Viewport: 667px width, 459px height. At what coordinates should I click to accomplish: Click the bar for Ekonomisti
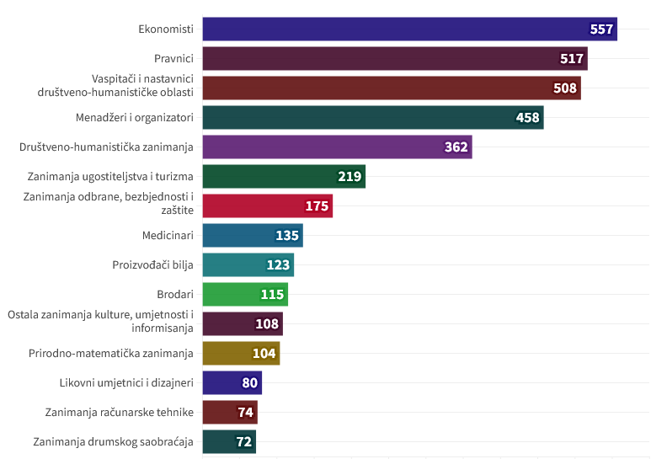(x=409, y=29)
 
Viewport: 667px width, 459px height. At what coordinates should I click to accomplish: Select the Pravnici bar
(x=395, y=58)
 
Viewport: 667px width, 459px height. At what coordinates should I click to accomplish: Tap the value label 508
(x=564, y=88)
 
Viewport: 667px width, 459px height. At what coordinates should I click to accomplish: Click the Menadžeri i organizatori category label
(x=135, y=117)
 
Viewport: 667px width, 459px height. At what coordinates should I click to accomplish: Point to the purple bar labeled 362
(x=338, y=147)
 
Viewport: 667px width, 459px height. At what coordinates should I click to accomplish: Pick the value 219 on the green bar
(x=350, y=177)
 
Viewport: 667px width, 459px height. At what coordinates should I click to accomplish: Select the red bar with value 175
(x=268, y=205)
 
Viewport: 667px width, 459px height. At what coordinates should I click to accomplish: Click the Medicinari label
(x=168, y=235)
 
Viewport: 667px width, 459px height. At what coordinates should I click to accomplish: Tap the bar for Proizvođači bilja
(x=248, y=264)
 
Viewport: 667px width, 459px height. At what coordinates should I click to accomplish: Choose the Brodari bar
(x=245, y=295)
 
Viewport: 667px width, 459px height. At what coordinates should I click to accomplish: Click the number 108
(x=267, y=323)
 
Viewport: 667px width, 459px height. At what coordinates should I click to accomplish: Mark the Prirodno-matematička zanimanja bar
(x=241, y=353)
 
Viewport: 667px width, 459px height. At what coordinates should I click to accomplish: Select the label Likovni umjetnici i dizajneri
(x=126, y=383)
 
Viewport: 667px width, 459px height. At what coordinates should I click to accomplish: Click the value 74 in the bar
(x=245, y=412)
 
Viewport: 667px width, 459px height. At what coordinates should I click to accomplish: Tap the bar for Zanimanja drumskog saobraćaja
(x=229, y=441)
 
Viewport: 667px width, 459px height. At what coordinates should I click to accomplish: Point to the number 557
(x=601, y=29)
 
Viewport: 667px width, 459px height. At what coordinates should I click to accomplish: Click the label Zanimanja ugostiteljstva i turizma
(x=110, y=177)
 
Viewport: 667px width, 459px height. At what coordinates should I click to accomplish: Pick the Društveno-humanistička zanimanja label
(x=106, y=147)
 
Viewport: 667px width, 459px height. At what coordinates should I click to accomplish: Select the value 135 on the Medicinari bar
(x=287, y=235)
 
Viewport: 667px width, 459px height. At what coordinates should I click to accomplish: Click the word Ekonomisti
(x=166, y=29)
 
